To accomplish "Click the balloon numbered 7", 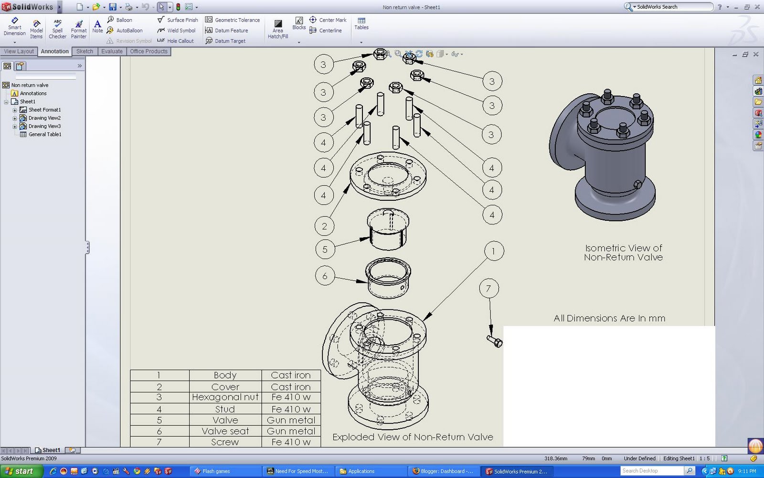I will tap(488, 288).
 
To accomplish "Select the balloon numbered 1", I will tap(494, 251).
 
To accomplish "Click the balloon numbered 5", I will tap(325, 249).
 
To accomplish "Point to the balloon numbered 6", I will tap(325, 276).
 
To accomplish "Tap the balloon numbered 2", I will tap(325, 226).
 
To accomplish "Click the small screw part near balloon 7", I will tap(495, 341).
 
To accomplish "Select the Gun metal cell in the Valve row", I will tap(291, 420).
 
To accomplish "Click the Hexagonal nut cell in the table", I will tap(225, 397).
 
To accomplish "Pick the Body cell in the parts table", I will tap(225, 375).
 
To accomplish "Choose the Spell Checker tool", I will tap(57, 29).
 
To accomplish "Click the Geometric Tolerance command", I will tap(233, 20).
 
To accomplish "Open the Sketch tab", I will tap(85, 51).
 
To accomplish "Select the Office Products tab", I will tap(149, 51).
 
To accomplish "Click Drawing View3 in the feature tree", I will tap(44, 126).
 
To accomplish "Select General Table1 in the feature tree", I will tap(44, 134).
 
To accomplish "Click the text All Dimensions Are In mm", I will tap(609, 318).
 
